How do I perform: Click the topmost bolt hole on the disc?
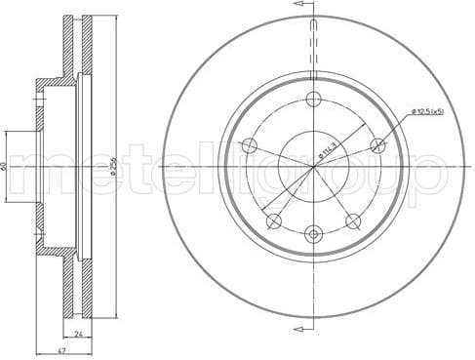tap(313, 99)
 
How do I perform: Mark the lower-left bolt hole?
tap(273, 221)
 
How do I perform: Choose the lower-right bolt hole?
tap(353, 221)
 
